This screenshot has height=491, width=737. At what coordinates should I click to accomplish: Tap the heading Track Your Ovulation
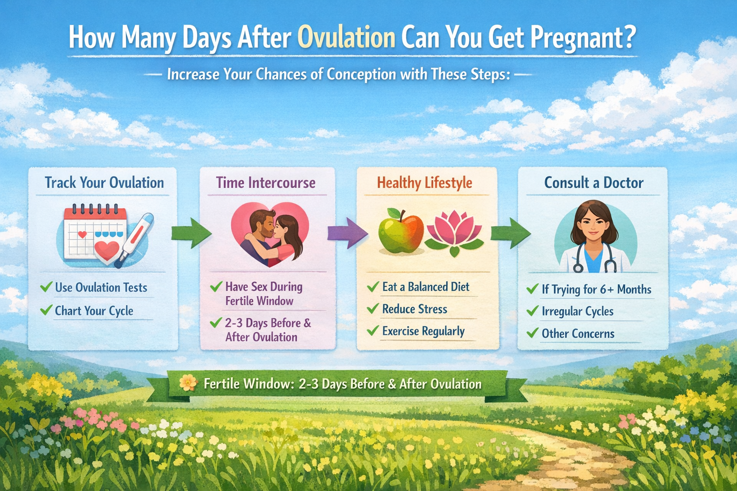pyautogui.click(x=104, y=183)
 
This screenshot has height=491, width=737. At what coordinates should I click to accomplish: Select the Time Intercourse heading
pyautogui.click(x=265, y=183)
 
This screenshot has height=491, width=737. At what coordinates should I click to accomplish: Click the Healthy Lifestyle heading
pyautogui.click(x=425, y=183)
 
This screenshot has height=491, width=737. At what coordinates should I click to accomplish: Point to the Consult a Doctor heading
pyautogui.click(x=594, y=183)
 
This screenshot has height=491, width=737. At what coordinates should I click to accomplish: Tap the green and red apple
pyautogui.click(x=401, y=231)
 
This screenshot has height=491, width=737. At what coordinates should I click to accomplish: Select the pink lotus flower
pyautogui.click(x=454, y=233)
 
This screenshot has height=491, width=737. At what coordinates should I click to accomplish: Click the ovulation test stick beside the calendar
pyautogui.click(x=136, y=240)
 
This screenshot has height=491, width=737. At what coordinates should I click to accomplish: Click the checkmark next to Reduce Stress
pyautogui.click(x=373, y=308)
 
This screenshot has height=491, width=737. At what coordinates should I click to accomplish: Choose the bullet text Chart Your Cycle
pyautogui.click(x=94, y=311)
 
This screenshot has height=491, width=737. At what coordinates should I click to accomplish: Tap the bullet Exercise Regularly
pyautogui.click(x=423, y=331)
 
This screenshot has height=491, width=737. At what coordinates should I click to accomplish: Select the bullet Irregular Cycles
pyautogui.click(x=577, y=312)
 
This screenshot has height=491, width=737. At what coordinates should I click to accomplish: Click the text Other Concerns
pyautogui.click(x=578, y=333)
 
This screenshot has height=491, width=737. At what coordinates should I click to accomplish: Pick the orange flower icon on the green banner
pyautogui.click(x=189, y=383)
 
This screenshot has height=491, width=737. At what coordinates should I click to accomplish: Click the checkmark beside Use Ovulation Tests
pyautogui.click(x=46, y=287)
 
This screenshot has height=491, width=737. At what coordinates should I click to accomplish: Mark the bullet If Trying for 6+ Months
pyautogui.click(x=596, y=290)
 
